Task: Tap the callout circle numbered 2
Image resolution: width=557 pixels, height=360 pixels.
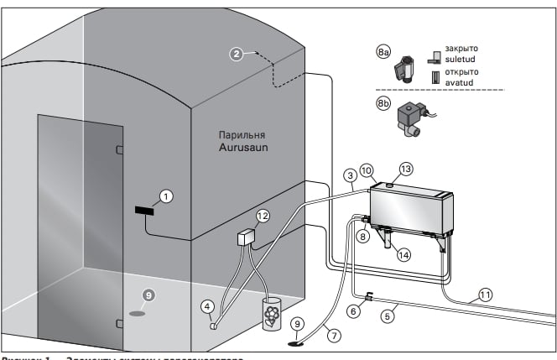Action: click(x=237, y=54)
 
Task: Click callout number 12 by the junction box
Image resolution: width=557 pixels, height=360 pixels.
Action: click(x=263, y=216)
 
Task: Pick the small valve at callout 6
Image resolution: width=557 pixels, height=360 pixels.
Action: click(x=368, y=296)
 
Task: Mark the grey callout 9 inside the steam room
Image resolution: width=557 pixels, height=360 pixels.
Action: click(x=148, y=295)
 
